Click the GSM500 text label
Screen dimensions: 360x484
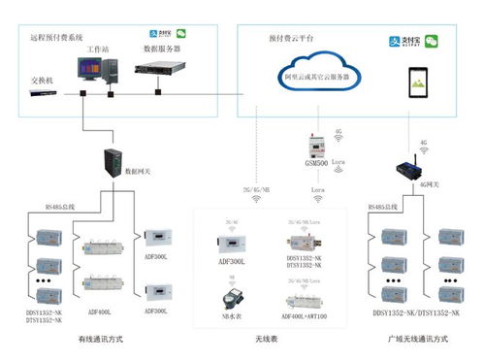click(315, 166)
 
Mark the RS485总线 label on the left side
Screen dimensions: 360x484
click(60, 206)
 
